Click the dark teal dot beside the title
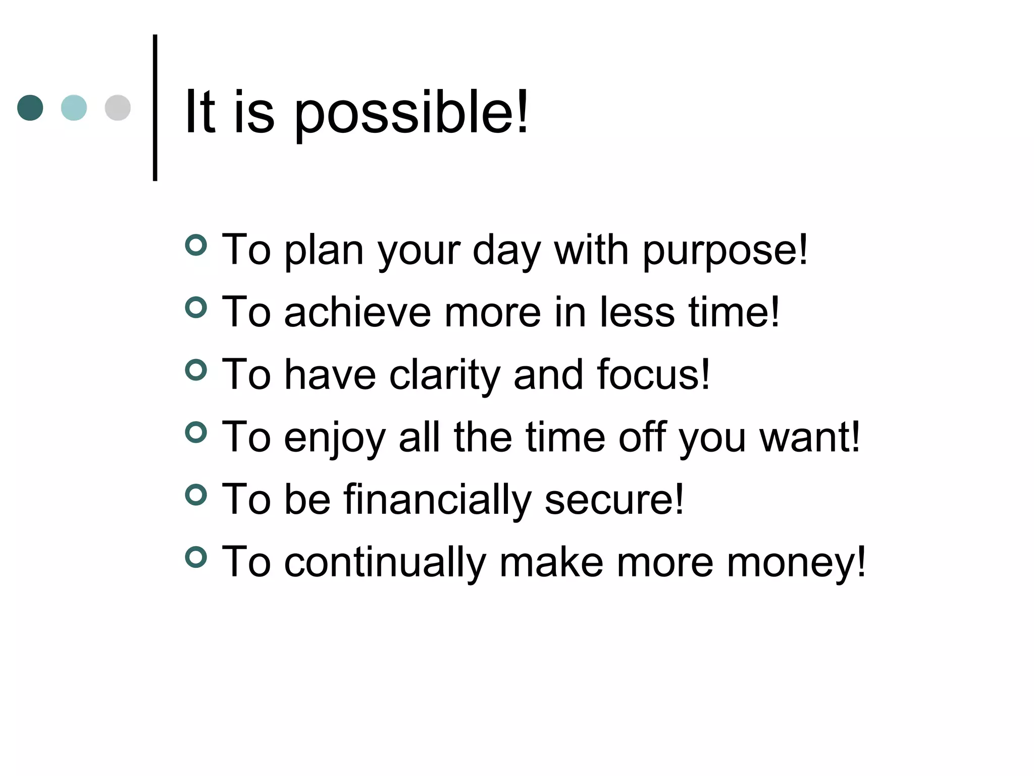click(x=30, y=108)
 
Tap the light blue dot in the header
click(x=74, y=108)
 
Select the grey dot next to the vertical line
click(x=118, y=108)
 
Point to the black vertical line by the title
click(x=155, y=108)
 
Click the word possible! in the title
click(x=411, y=113)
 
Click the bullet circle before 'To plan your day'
click(x=196, y=245)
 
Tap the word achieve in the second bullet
click(x=357, y=312)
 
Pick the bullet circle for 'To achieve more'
click(x=196, y=307)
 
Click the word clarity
click(x=444, y=375)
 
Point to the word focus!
click(x=653, y=375)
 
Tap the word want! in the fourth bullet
click(x=810, y=437)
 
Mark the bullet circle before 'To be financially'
click(x=196, y=495)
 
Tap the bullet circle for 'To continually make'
click(x=196, y=557)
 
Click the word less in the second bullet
click(x=637, y=312)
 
